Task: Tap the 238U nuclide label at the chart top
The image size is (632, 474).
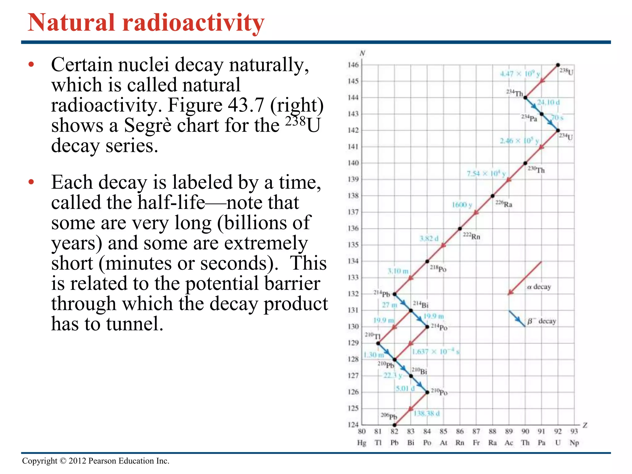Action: click(x=566, y=71)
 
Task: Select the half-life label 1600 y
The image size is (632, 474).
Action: click(x=462, y=205)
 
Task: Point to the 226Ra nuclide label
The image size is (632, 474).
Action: click(x=504, y=204)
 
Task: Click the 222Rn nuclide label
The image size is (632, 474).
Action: click(x=472, y=236)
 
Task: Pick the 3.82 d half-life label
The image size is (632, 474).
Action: click(x=429, y=238)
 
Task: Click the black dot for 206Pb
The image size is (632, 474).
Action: click(x=394, y=425)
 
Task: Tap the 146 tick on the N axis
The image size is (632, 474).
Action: click(x=353, y=65)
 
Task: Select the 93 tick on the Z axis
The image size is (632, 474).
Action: click(x=574, y=431)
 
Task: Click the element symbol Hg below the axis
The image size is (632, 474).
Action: click(x=361, y=443)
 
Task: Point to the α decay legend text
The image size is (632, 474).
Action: click(x=539, y=287)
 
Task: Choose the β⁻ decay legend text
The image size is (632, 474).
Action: click(x=542, y=321)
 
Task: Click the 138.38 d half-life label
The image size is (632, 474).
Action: click(x=426, y=413)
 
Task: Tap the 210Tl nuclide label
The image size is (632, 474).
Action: click(x=372, y=335)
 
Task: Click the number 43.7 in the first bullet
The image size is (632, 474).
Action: click(x=246, y=105)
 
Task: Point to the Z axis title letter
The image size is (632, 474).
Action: click(x=585, y=425)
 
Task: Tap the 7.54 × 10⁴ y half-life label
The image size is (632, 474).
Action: click(x=486, y=173)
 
